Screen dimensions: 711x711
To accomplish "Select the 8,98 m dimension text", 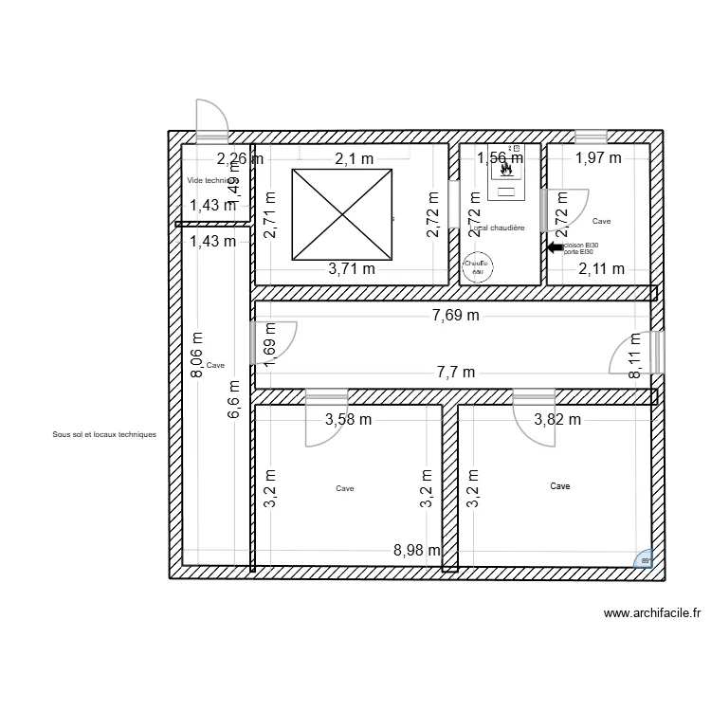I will tap(417, 550).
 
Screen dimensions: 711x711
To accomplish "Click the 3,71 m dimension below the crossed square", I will tap(352, 268).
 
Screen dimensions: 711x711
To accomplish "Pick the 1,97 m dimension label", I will tap(598, 158).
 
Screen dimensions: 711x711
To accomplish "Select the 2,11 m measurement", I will tap(601, 268).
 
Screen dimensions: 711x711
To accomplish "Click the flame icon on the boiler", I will tap(506, 173).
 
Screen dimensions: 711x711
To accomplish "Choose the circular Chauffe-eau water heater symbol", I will tap(477, 266).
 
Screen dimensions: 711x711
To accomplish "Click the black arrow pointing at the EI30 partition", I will tap(555, 247).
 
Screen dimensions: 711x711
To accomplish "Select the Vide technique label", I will tap(207, 180).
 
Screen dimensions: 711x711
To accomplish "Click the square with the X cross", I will tap(342, 214).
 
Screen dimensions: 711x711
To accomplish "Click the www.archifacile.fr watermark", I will tap(652, 613).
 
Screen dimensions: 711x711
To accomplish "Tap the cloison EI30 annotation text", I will tap(580, 245).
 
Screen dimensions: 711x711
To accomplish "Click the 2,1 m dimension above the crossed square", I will tap(352, 158).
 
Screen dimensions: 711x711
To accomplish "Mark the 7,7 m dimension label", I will tap(455, 374).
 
